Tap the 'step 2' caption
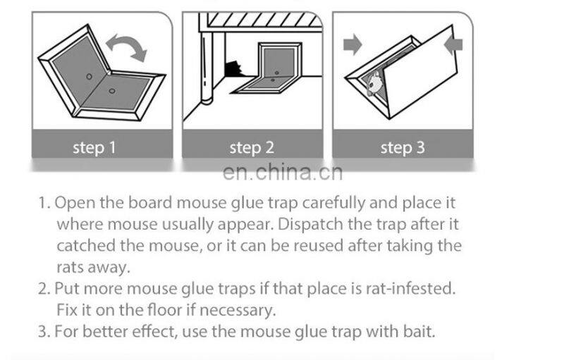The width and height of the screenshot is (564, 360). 251,148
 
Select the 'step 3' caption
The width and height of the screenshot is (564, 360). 403,148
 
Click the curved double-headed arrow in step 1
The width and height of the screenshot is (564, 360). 127,49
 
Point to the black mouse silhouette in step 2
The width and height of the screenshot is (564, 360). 233,68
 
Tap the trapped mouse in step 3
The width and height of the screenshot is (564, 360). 374,78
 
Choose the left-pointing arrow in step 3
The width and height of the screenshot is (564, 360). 455,45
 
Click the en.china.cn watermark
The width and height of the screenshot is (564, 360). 281,173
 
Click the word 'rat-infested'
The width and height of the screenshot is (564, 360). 417,288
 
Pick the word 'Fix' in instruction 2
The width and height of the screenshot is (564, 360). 66,309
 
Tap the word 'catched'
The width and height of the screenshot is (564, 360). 82,246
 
